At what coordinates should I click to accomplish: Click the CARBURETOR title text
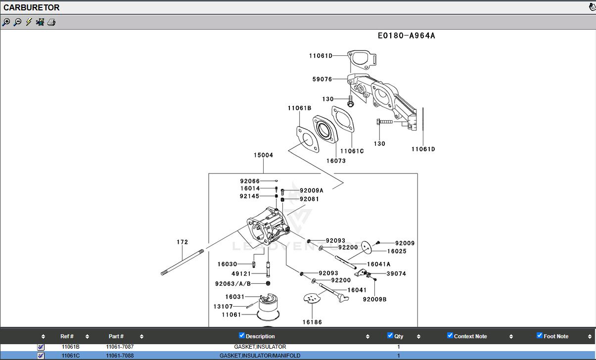pyautogui.click(x=32, y=7)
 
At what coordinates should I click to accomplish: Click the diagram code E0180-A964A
pyautogui.click(x=406, y=36)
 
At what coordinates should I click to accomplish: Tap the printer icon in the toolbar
pyautogui.click(x=51, y=22)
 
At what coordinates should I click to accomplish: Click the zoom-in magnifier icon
pyautogui.click(x=6, y=22)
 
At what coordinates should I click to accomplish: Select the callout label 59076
pyautogui.click(x=322, y=79)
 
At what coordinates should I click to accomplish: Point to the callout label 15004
pyautogui.click(x=263, y=155)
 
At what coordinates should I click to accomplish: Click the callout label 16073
pyautogui.click(x=336, y=161)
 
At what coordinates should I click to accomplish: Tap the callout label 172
pyautogui.click(x=183, y=242)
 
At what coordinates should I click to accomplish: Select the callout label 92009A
pyautogui.click(x=311, y=190)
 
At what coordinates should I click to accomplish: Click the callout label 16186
pyautogui.click(x=312, y=322)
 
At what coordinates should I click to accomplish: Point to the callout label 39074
pyautogui.click(x=396, y=273)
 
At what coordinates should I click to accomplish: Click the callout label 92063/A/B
pyautogui.click(x=233, y=284)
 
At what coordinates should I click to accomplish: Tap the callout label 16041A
pyautogui.click(x=378, y=265)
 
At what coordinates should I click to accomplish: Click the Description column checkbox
pyautogui.click(x=242, y=335)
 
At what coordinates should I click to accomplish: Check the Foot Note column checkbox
pyautogui.click(x=540, y=335)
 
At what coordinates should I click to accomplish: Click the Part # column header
pyautogui.click(x=116, y=336)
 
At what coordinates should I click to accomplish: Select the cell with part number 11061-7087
pyautogui.click(x=120, y=347)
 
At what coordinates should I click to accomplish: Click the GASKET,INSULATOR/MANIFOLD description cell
pyautogui.click(x=260, y=356)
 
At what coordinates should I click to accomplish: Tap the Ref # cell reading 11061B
pyautogui.click(x=70, y=347)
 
